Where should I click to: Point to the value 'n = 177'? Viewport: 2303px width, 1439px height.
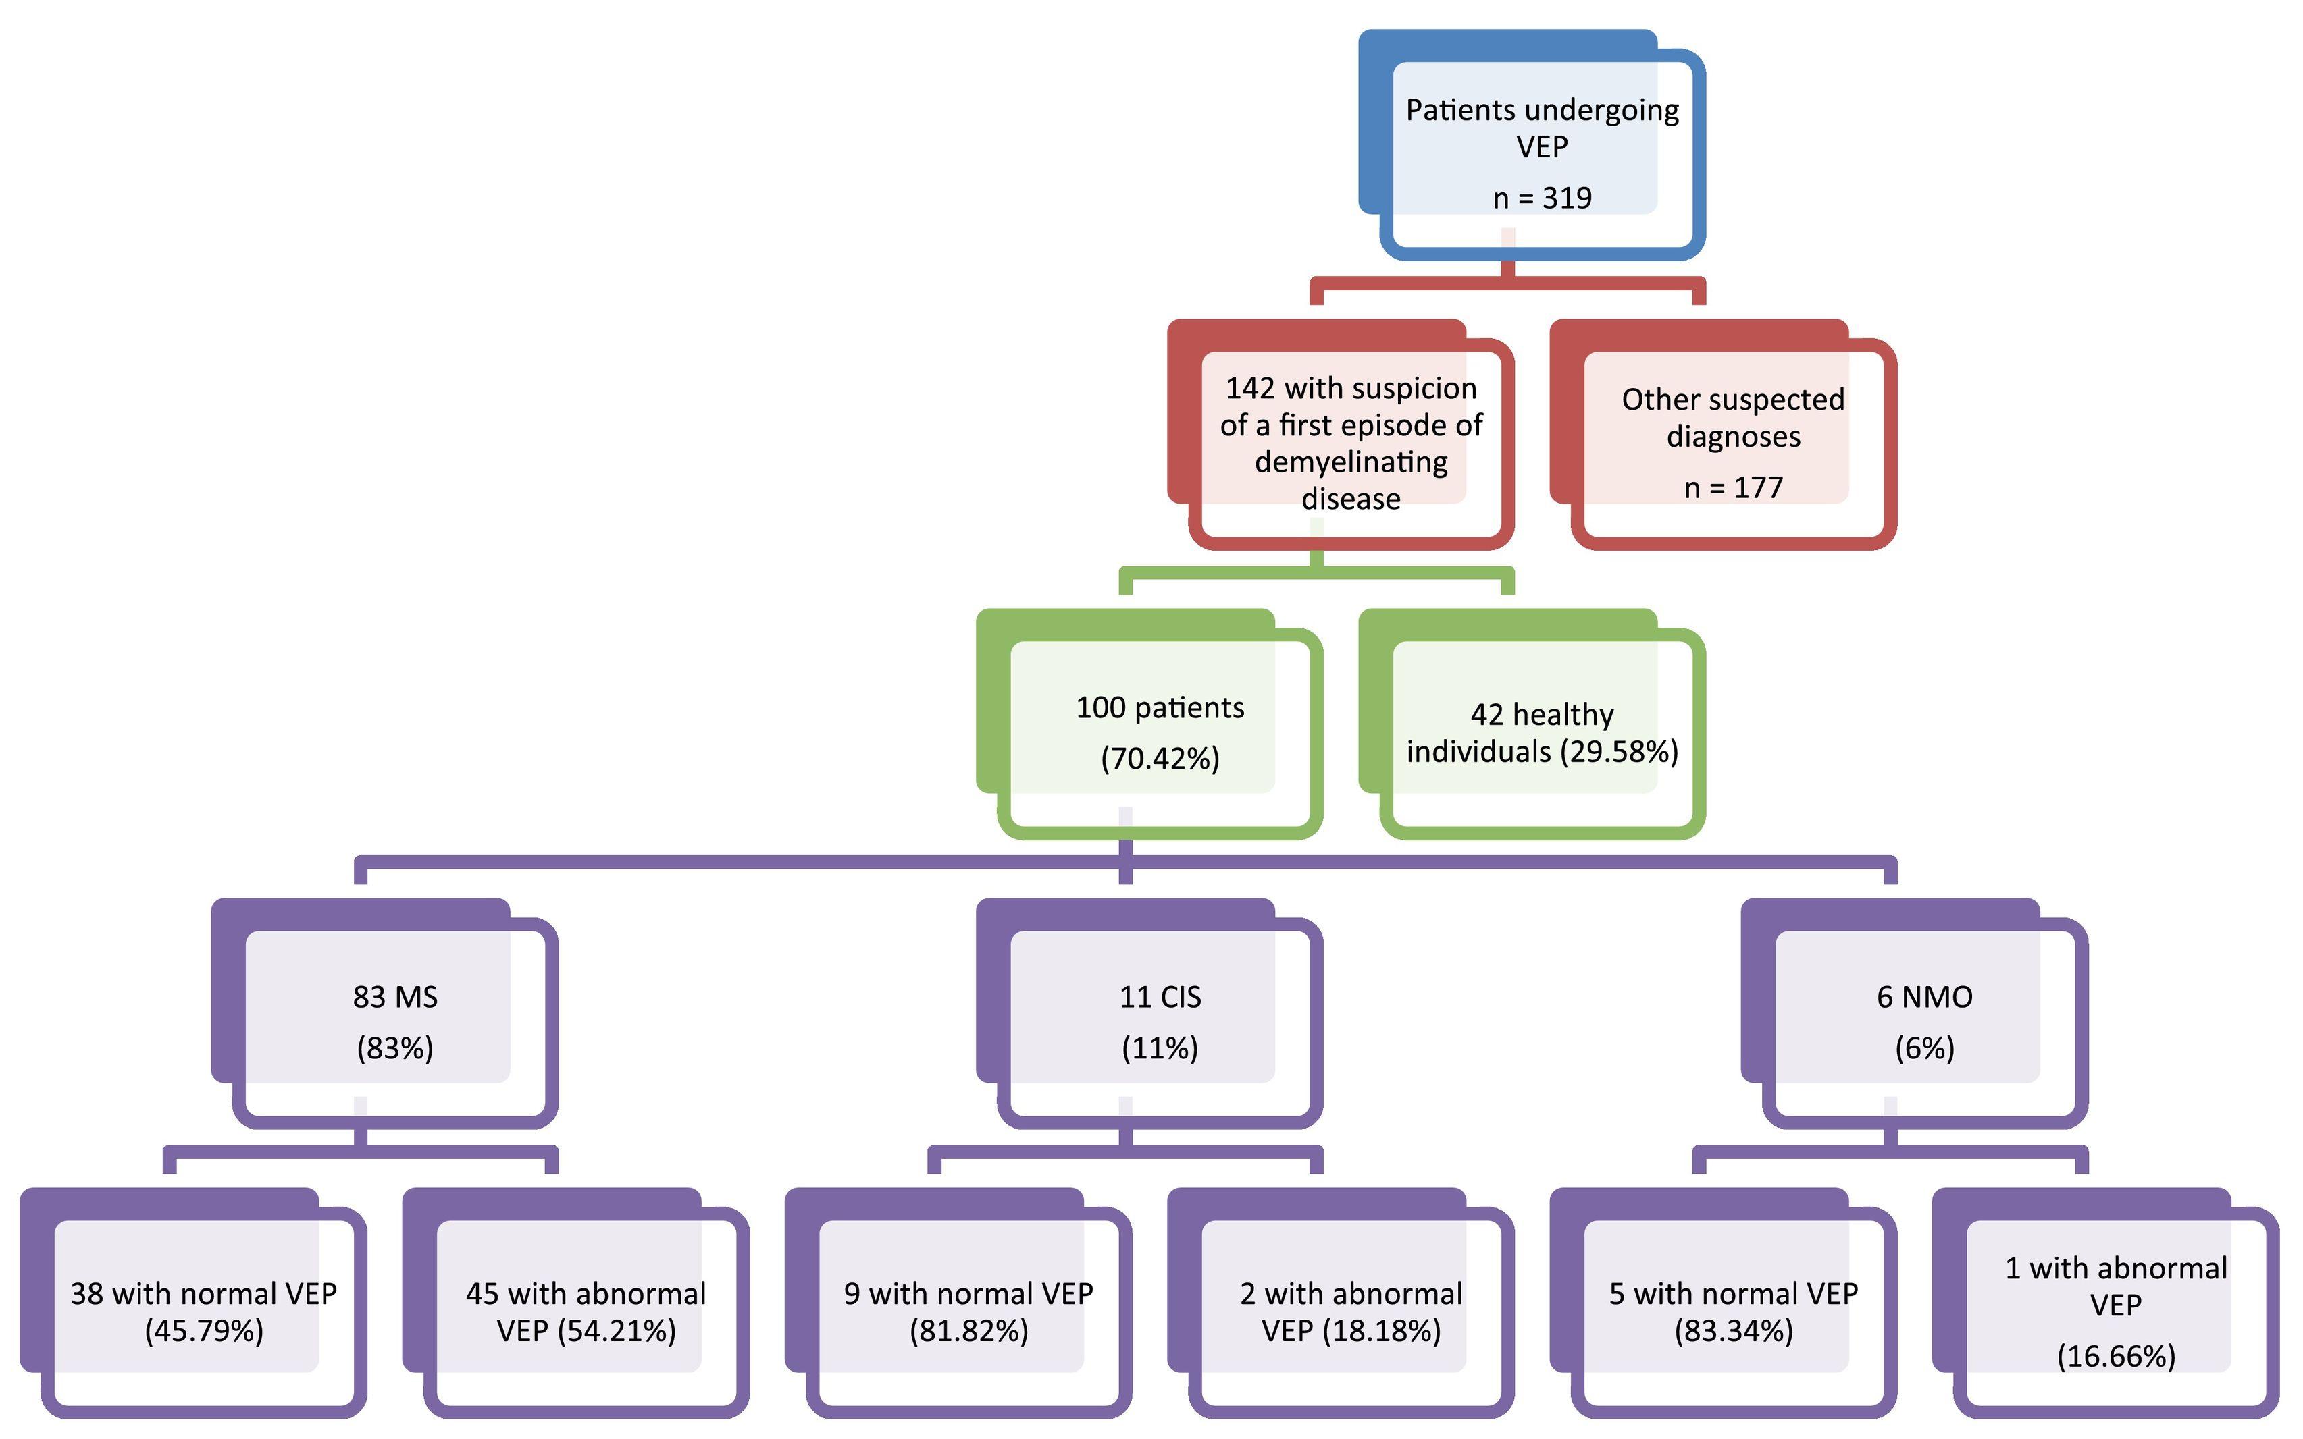point(1733,487)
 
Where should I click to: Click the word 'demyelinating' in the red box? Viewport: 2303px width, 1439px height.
point(1350,462)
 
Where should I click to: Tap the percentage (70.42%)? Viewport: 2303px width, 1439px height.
point(1160,759)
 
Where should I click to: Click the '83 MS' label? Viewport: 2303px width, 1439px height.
point(395,996)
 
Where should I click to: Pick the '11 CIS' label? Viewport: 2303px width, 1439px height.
point(1160,996)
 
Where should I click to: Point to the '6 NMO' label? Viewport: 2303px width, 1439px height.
point(1924,996)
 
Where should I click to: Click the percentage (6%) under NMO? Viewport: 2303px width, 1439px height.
point(1924,1048)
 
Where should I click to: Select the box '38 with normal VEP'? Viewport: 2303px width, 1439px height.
point(204,1311)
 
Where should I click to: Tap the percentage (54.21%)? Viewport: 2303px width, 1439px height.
point(617,1330)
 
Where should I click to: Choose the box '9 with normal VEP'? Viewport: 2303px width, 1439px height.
point(968,1311)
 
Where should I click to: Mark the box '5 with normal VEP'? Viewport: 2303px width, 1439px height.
point(1733,1311)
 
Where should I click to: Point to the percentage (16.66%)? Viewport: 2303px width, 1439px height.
point(2115,1355)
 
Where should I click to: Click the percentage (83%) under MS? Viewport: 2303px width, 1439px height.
point(395,1048)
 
